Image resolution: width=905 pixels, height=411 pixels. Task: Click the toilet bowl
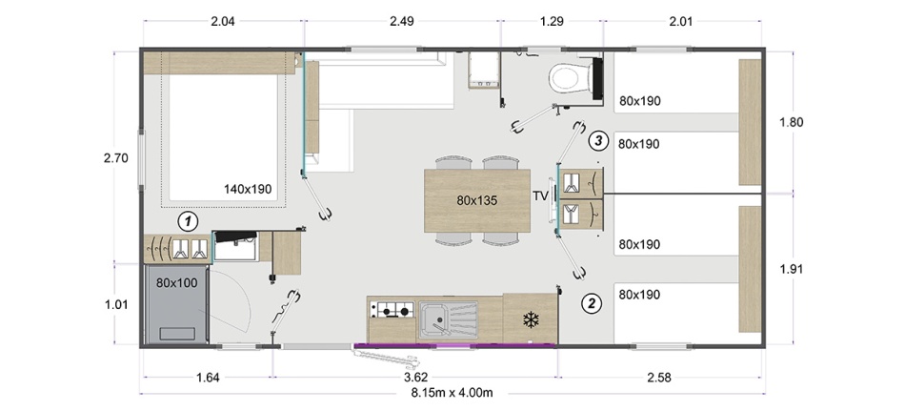(x=568, y=78)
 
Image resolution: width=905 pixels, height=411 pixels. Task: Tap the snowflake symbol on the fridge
(x=530, y=320)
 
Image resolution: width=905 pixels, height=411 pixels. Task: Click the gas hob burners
(x=392, y=311)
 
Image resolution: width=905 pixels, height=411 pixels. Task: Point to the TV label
(x=540, y=196)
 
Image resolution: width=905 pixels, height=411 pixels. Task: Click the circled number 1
(x=188, y=220)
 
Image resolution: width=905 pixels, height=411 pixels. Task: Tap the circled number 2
(x=592, y=303)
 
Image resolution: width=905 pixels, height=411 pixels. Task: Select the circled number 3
(x=598, y=140)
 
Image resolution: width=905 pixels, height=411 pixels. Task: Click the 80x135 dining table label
(x=476, y=200)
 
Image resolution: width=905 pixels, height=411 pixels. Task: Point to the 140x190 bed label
(x=248, y=189)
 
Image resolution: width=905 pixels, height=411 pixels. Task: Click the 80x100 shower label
(x=176, y=283)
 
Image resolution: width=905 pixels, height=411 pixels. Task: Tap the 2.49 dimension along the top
(x=402, y=22)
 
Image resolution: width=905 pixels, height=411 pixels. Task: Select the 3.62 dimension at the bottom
(x=415, y=378)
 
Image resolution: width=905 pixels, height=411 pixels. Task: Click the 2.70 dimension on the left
(x=115, y=157)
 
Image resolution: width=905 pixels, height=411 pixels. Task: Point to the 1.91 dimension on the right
(x=792, y=269)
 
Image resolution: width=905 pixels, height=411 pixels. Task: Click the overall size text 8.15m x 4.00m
(x=452, y=393)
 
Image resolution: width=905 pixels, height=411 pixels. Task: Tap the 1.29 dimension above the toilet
(x=552, y=22)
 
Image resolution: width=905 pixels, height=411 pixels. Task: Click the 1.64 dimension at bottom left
(x=208, y=378)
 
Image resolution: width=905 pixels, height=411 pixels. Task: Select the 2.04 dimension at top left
(x=223, y=22)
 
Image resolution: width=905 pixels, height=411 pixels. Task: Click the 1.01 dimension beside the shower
(x=116, y=304)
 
